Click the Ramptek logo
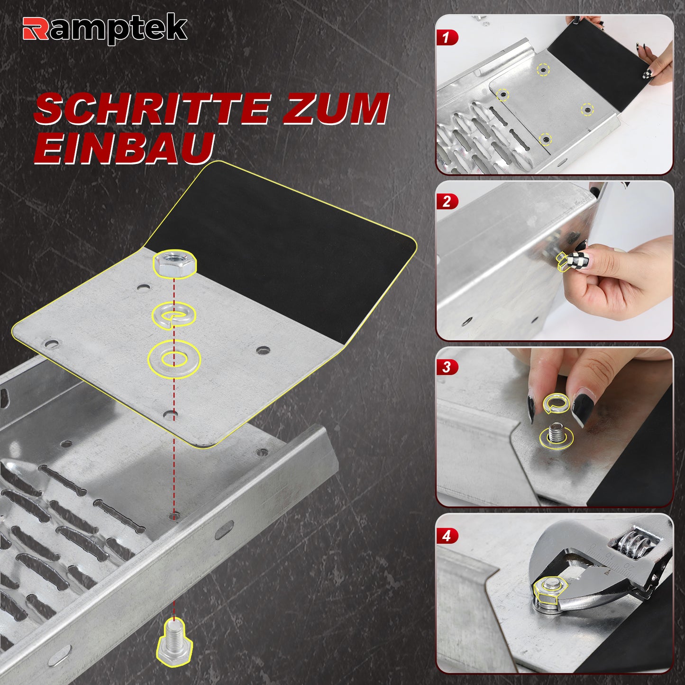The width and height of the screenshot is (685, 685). pos(105,29)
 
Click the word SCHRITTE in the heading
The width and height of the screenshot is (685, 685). pos(152,109)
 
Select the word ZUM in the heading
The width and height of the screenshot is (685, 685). pos(335,109)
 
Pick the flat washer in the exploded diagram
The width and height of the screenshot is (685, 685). pos(174,357)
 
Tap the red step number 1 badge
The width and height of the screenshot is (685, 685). pos(447,37)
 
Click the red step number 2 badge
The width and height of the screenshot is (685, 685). pos(447,202)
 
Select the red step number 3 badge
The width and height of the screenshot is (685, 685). pos(447,367)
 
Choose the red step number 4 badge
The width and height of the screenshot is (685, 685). pos(447,536)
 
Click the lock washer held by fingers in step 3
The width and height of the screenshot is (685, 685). pos(556,404)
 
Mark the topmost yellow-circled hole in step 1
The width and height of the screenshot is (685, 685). pos(543,70)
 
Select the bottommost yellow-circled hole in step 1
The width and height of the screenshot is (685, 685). pos(545,139)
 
